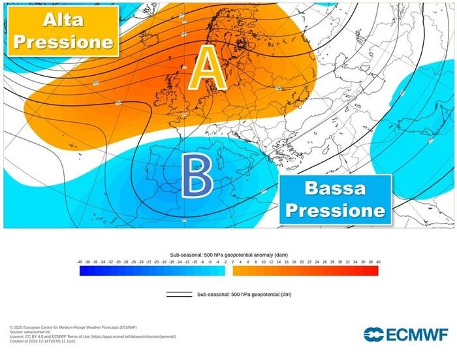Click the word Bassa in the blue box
pyautogui.click(x=336, y=189)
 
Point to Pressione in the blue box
pyautogui.click(x=336, y=210)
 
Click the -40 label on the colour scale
pyautogui.click(x=80, y=261)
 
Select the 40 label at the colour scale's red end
pyautogui.click(x=378, y=261)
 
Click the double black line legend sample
pyautogui.click(x=179, y=295)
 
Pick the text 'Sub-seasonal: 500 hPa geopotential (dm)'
pyautogui.click(x=244, y=295)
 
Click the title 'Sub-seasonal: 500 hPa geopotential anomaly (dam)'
pyautogui.click(x=228, y=254)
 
